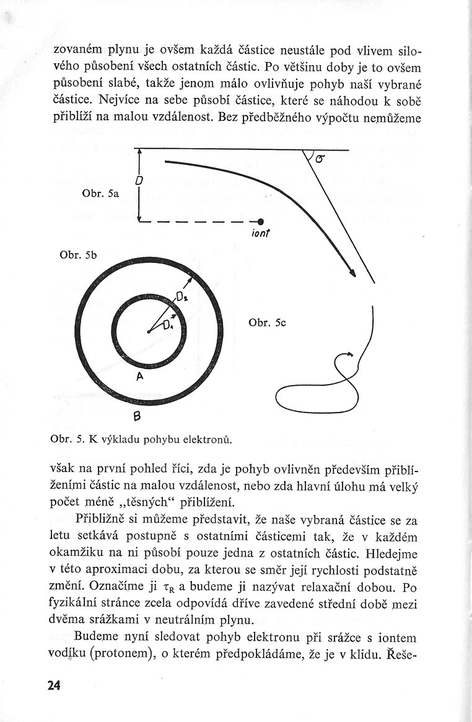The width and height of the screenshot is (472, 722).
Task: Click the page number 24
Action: pyautogui.click(x=53, y=685)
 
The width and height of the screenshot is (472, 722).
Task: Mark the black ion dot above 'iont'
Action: pyautogui.click(x=261, y=222)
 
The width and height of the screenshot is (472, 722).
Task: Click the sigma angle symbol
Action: pyautogui.click(x=319, y=159)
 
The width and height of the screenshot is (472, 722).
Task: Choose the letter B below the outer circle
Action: pyautogui.click(x=138, y=415)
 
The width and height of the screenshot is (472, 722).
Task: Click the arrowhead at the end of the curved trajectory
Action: pyautogui.click(x=353, y=274)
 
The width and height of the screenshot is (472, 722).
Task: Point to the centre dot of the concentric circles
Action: pyautogui.click(x=149, y=332)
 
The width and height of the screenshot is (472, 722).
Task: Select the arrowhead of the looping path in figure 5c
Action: pyautogui.click(x=351, y=354)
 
